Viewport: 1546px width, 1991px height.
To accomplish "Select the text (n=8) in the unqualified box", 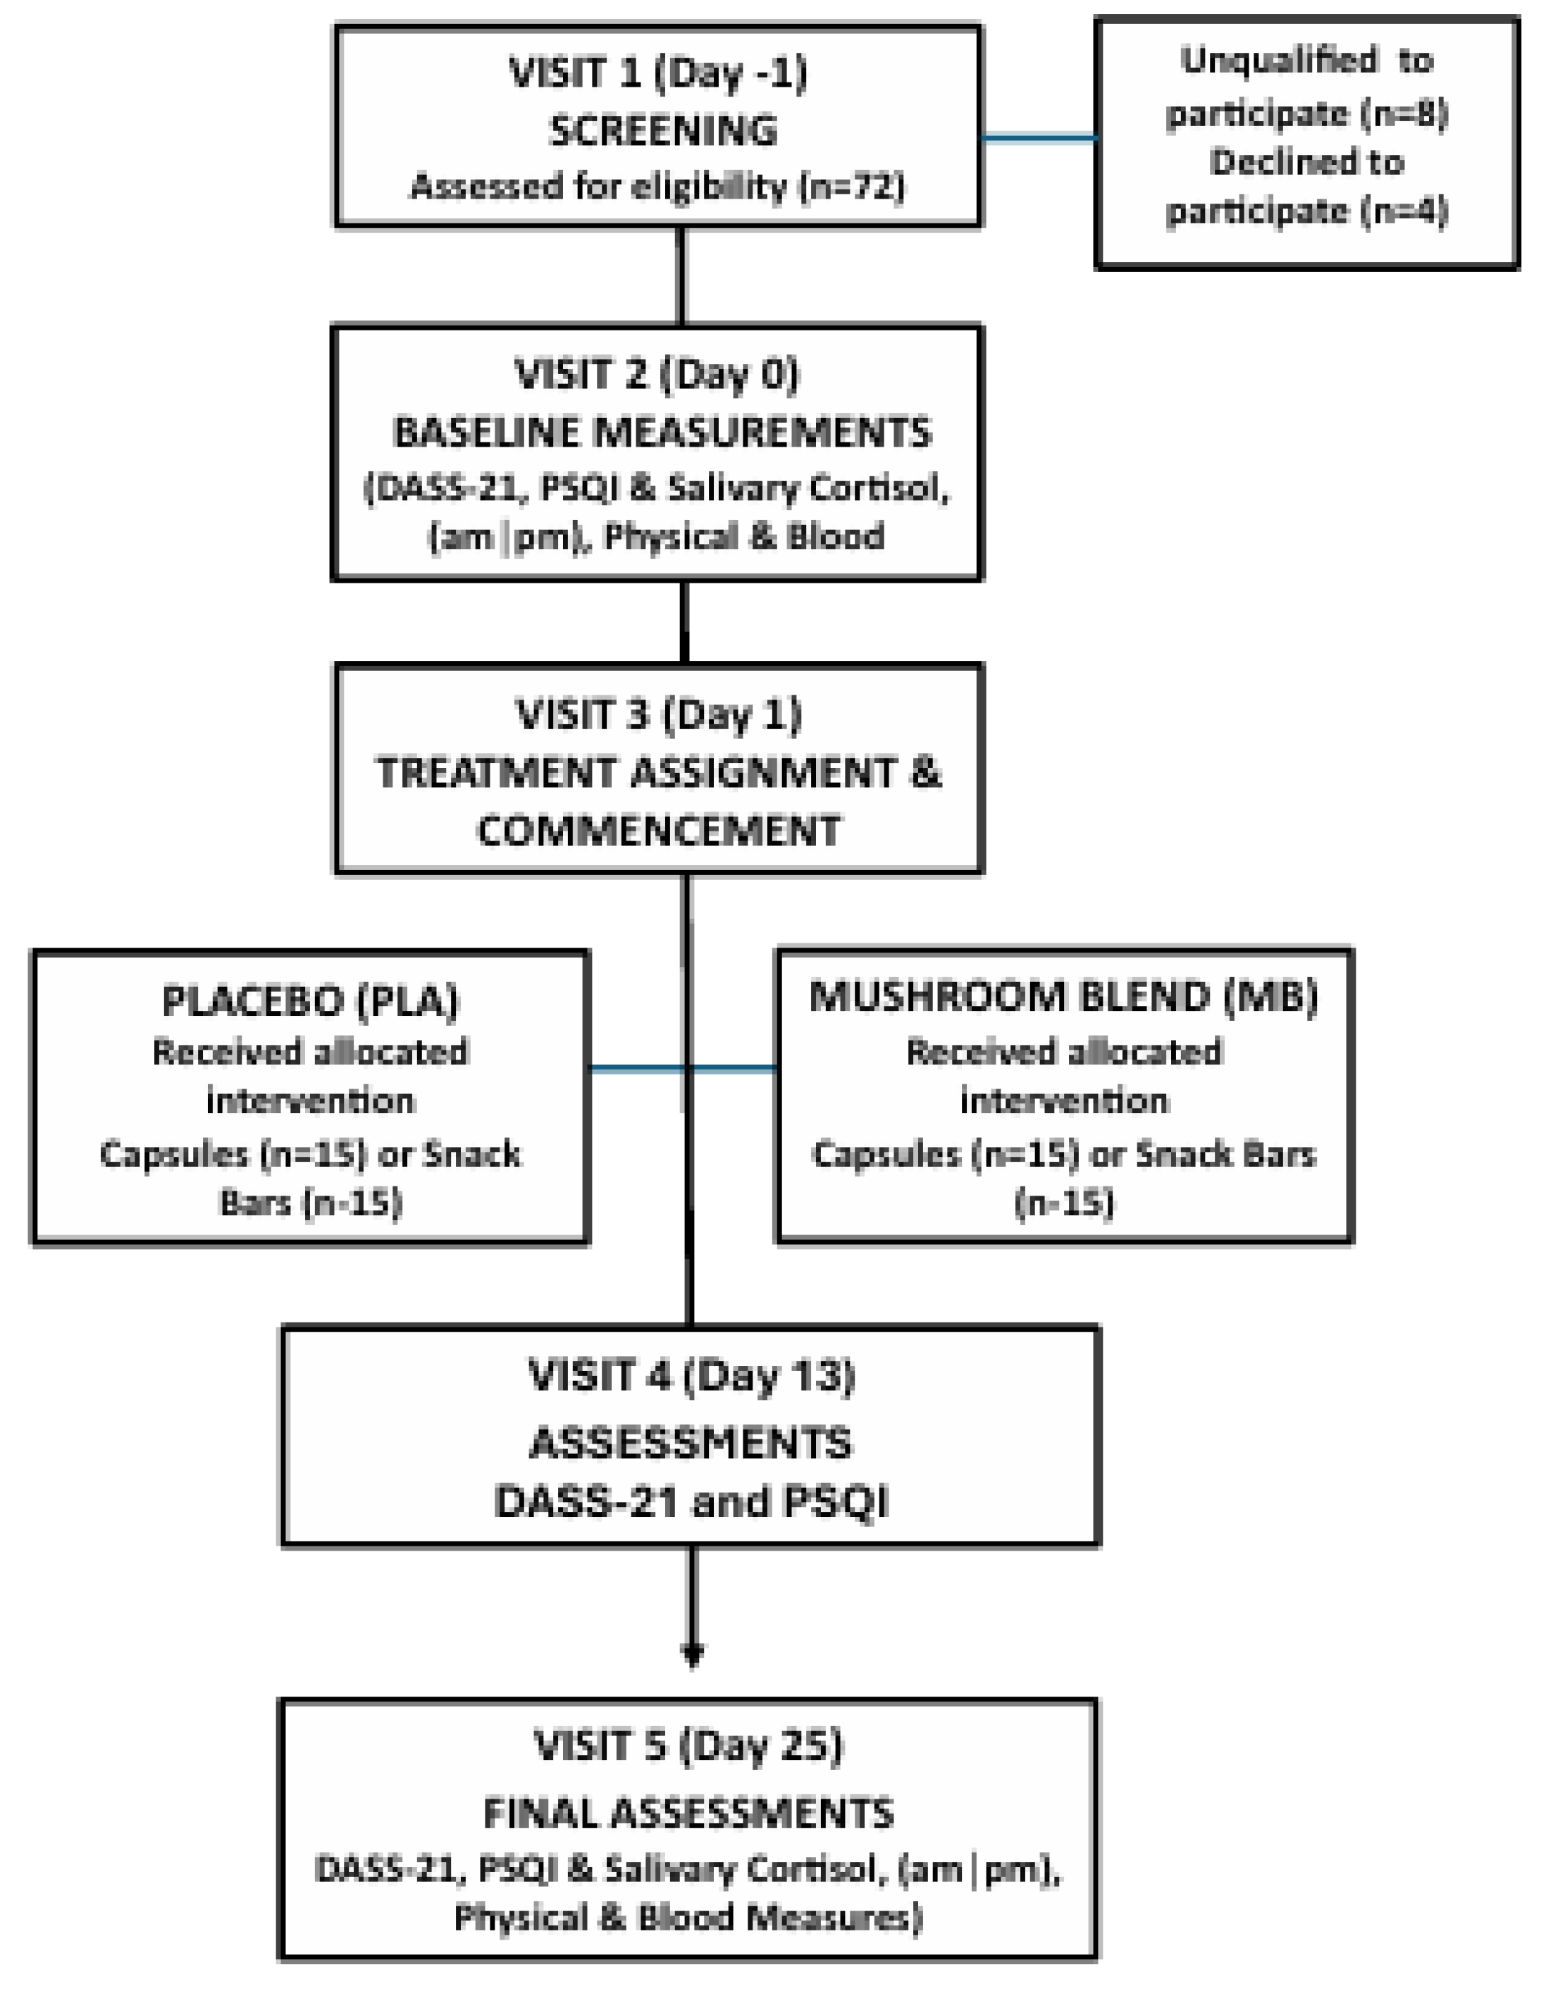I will [x=1404, y=114].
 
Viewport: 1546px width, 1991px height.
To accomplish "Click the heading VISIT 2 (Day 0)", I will [x=656, y=375].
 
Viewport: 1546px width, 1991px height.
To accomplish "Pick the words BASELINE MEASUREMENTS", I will [x=662, y=431].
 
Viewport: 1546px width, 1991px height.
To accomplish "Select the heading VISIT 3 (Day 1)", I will [x=659, y=714].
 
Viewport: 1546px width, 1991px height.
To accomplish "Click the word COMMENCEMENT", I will [x=658, y=831].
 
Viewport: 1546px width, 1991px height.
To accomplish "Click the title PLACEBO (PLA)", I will [x=310, y=1001].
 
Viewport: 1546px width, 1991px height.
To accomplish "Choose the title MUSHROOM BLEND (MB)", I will [x=1064, y=995].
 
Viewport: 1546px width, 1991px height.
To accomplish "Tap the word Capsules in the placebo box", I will [x=173, y=1154].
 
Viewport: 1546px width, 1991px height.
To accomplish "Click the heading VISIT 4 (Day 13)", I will [x=691, y=1375].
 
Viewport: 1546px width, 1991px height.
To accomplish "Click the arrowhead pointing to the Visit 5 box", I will [x=693, y=1652].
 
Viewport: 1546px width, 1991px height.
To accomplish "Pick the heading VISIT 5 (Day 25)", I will [x=688, y=1746].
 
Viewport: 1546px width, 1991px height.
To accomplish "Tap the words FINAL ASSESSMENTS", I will [x=688, y=1814].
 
